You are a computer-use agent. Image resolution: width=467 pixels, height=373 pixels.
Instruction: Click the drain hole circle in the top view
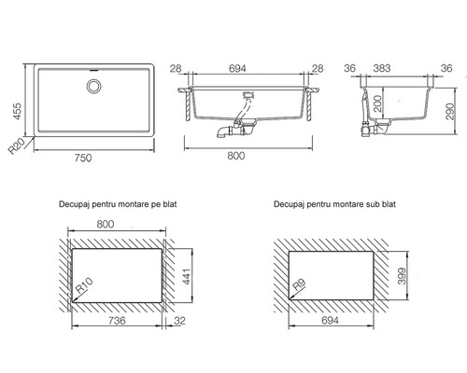93,86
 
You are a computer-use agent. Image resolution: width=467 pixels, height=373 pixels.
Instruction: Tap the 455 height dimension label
17,111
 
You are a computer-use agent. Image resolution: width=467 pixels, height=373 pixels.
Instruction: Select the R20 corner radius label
16,146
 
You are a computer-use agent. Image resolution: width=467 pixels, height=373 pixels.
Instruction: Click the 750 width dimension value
83,158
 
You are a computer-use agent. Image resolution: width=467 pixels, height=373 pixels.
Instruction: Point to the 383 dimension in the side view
382,68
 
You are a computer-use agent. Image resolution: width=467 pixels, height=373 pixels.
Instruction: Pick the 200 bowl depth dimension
377,104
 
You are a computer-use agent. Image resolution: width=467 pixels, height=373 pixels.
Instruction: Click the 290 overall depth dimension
450,111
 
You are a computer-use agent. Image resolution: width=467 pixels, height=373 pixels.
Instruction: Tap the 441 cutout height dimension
186,276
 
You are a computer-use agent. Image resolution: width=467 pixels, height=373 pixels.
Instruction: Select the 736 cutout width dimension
117,321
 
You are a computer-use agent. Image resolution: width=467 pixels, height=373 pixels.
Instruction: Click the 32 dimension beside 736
179,321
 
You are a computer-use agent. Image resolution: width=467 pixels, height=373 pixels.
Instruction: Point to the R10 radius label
84,285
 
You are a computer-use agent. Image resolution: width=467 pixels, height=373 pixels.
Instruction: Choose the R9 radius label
300,284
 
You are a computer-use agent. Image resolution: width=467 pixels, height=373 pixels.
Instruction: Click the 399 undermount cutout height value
402,276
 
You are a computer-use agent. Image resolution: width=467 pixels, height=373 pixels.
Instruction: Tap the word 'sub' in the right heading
372,204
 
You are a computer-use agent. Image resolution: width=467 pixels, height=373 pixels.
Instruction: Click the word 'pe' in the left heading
156,204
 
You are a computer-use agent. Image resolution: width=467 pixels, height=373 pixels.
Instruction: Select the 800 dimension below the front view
236,156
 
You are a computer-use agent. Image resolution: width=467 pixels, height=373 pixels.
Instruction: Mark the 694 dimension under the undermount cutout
330,321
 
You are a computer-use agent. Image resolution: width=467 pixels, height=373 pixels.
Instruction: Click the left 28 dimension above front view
176,68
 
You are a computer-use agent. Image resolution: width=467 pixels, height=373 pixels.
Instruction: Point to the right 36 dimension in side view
446,68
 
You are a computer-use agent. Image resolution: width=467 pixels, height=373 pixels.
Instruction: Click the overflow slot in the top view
93,70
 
